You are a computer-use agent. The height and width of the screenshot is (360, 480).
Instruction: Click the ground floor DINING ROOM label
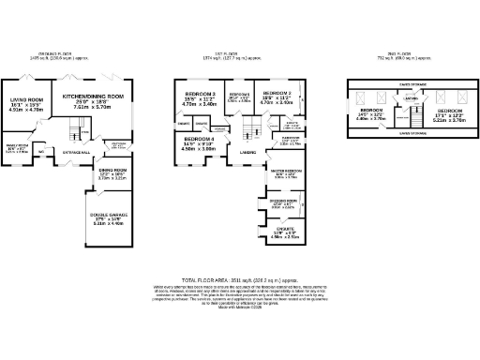(x=112, y=171)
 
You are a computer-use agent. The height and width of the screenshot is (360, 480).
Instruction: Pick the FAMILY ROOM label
(x=18, y=145)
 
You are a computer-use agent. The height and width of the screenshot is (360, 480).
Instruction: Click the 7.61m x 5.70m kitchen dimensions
(x=95, y=107)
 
